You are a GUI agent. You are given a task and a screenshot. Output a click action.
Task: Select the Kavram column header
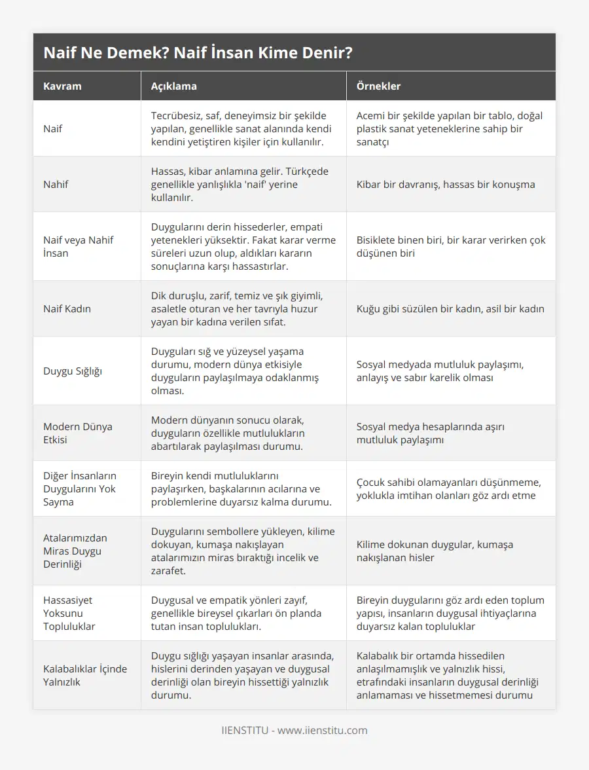(63, 86)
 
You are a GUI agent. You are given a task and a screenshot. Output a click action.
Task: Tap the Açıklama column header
(173, 86)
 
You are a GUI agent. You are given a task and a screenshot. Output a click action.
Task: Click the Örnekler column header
(378, 86)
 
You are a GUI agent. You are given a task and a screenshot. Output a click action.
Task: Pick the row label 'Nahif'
(56, 184)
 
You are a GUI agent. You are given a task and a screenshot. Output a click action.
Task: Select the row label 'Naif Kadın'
(67, 308)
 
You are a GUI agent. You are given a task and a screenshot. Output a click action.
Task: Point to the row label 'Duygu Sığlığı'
(73, 371)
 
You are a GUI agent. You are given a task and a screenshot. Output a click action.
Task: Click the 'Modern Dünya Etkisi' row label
(78, 433)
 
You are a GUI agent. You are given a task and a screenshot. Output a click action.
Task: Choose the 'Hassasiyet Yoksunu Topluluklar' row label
(69, 613)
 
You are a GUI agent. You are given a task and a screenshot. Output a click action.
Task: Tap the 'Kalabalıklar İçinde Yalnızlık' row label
(85, 675)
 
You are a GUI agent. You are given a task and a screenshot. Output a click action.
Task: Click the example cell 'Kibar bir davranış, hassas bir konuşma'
(445, 184)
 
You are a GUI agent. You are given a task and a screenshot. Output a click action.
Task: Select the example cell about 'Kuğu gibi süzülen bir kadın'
(450, 308)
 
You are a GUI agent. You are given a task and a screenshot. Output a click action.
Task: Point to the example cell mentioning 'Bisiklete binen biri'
(450, 246)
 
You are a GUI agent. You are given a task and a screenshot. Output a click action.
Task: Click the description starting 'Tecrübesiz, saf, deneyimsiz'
(241, 128)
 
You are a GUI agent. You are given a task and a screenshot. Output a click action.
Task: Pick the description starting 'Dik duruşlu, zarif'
(240, 308)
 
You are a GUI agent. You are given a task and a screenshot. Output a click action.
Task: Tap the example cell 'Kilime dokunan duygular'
(435, 551)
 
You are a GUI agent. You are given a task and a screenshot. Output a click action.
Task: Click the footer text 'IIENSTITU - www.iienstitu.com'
(294, 730)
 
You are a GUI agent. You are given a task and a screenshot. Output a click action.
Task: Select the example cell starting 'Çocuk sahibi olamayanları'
(448, 488)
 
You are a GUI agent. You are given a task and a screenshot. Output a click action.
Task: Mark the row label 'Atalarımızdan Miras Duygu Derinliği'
(75, 551)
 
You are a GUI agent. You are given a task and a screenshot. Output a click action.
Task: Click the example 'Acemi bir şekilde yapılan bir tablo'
(449, 128)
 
